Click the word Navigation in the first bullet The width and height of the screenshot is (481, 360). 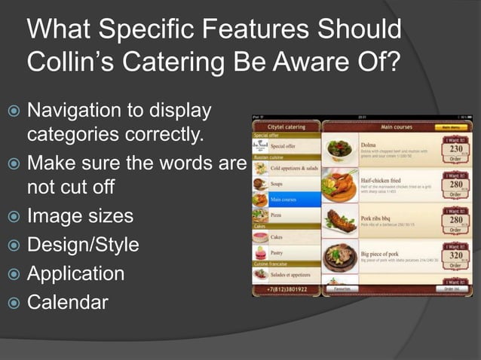point(74,111)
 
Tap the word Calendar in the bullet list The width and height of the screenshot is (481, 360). point(67,302)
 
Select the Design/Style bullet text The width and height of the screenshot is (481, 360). point(83,245)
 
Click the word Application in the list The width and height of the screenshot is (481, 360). point(75,273)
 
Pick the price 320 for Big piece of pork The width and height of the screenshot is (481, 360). point(456,255)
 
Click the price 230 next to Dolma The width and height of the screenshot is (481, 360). point(456,149)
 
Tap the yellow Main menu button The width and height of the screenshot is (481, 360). point(455,127)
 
